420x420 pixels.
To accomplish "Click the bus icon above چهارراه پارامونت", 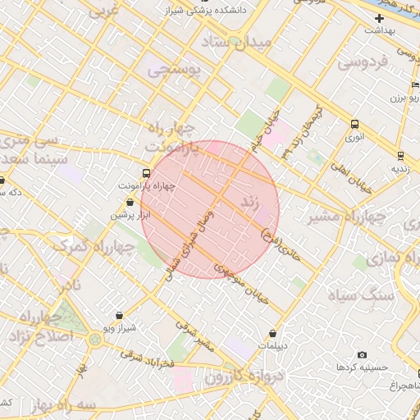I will tap(146, 173).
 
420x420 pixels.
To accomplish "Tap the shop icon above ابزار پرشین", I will tap(130, 202).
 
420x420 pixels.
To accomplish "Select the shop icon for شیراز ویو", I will tap(120, 316).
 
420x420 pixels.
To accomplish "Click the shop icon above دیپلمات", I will tap(273, 334).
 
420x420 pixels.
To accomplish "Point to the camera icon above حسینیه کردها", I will tap(362, 355).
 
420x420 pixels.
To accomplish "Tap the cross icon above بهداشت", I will tap(378, 17).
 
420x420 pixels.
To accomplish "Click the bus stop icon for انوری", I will tap(354, 125).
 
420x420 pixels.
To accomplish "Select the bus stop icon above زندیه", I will tap(399, 156).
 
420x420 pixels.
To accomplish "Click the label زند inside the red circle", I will tap(251, 202).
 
